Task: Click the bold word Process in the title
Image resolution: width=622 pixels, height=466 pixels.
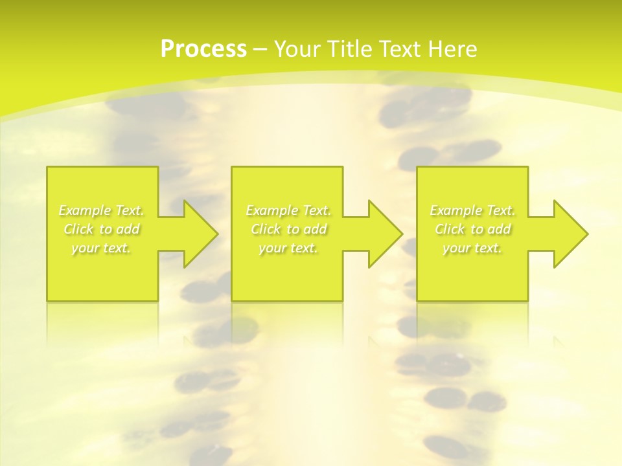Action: click(203, 49)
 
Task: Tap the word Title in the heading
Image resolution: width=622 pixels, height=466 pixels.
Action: click(348, 49)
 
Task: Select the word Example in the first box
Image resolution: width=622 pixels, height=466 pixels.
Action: click(85, 210)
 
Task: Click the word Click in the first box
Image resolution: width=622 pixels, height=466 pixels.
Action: click(78, 229)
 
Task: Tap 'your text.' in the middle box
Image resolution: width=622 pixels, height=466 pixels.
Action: click(288, 248)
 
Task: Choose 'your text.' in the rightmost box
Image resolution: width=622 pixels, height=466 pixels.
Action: click(472, 248)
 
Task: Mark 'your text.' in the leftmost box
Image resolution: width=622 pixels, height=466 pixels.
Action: click(101, 248)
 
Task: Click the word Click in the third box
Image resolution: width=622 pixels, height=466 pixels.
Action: click(450, 229)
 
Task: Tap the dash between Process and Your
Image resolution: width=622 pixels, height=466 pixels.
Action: click(260, 49)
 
